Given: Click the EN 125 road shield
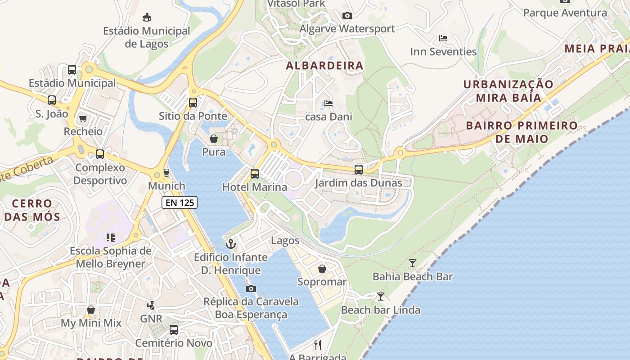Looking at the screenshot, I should [180, 202].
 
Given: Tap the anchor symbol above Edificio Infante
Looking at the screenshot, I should [230, 244].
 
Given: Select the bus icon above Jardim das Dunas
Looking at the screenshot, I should [358, 170].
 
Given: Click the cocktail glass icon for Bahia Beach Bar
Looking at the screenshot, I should [412, 263].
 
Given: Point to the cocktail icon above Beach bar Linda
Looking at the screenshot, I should [380, 296].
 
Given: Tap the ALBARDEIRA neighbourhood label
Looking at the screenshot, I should [324, 66].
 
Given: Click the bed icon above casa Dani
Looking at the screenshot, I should [328, 103].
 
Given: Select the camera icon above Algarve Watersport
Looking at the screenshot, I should [347, 15].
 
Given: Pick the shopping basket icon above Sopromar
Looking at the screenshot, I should [322, 269].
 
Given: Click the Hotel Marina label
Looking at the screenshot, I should [255, 187].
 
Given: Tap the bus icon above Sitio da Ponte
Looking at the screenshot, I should [193, 102].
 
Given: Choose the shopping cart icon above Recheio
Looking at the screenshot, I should [83, 118].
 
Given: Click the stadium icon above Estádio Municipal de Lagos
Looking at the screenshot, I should [146, 18].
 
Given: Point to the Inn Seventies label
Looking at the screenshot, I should [443, 52].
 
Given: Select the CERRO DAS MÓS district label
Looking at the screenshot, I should [32, 210].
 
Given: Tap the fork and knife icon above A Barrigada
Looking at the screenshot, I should [318, 345].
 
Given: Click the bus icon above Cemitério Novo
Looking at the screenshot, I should [174, 329].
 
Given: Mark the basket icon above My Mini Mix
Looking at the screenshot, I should [91, 310].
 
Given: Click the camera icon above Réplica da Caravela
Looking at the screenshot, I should [251, 288].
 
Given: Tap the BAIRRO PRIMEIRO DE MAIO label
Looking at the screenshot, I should [522, 132].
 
